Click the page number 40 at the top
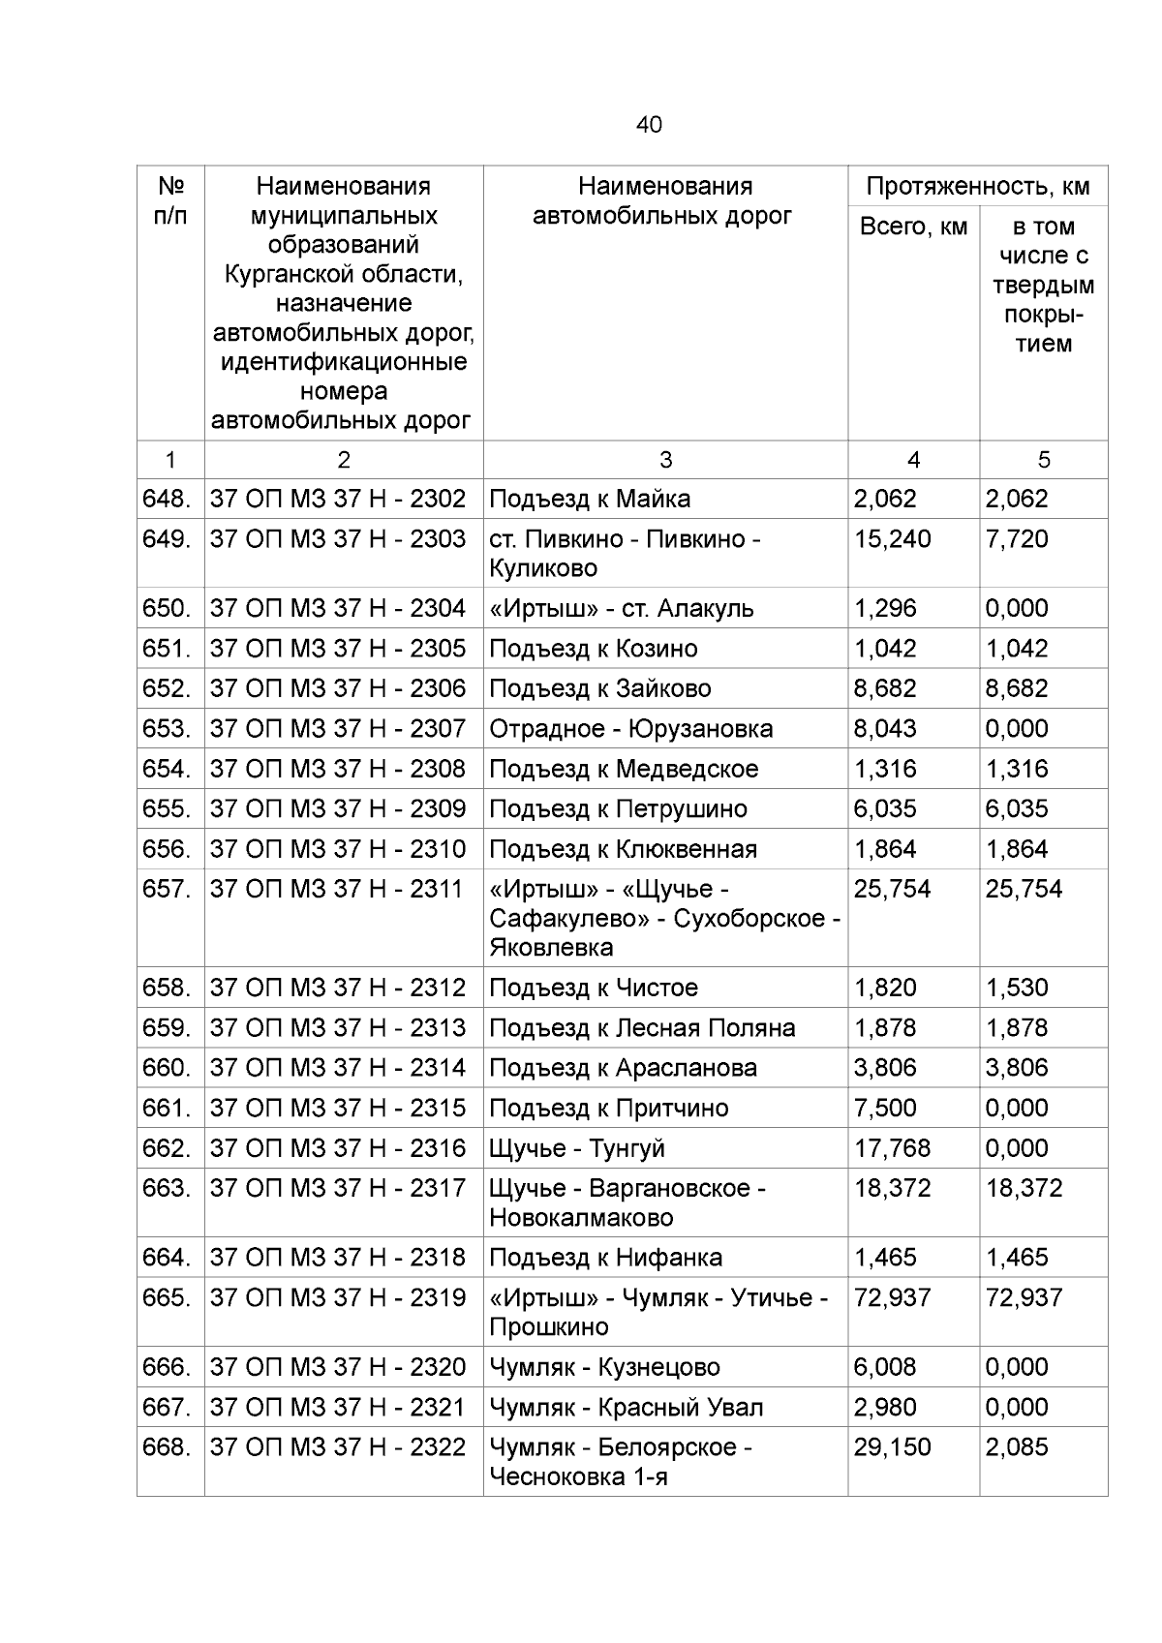tap(649, 124)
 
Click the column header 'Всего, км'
tap(912, 227)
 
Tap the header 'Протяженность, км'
tap(977, 186)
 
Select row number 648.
tap(166, 499)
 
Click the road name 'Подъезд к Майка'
tap(589, 499)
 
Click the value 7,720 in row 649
tap(1016, 538)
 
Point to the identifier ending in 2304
tap(338, 608)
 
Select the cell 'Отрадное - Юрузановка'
tap(630, 728)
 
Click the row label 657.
tap(166, 889)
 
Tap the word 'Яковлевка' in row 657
tap(551, 947)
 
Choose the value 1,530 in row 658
tap(1016, 988)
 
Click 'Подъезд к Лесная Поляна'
tap(642, 1027)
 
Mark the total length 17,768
tap(892, 1147)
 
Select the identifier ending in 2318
tap(338, 1257)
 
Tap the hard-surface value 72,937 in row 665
tap(1024, 1297)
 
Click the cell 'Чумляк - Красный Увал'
tap(626, 1407)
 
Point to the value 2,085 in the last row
tap(1016, 1446)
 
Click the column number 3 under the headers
tap(664, 460)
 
